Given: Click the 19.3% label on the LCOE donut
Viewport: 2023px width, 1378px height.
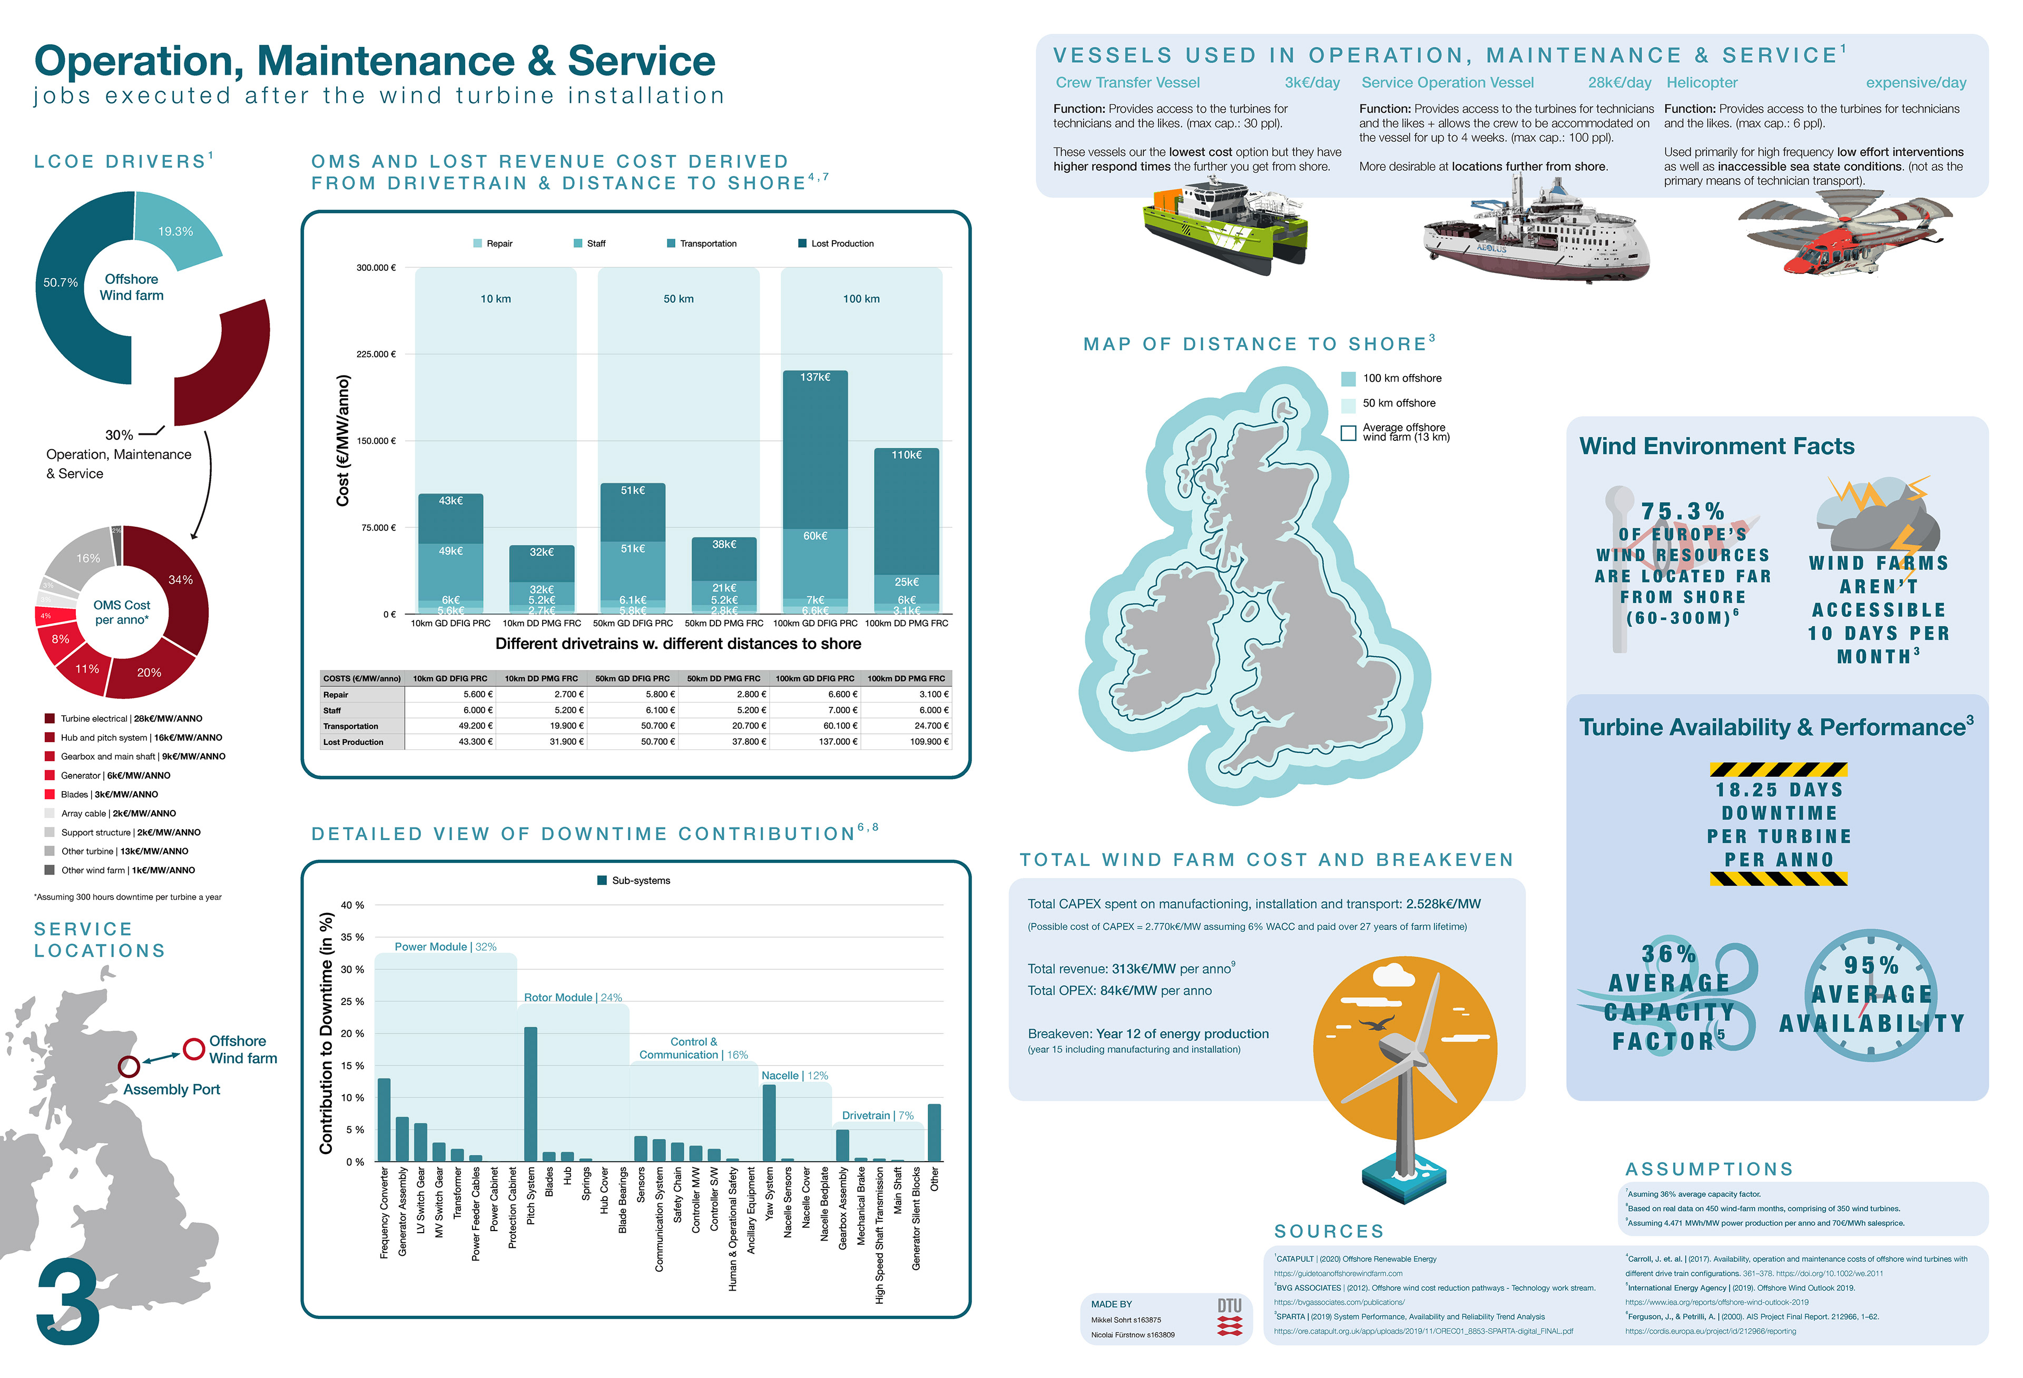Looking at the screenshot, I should tap(175, 232).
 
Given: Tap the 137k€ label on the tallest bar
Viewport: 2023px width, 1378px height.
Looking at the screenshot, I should tap(815, 377).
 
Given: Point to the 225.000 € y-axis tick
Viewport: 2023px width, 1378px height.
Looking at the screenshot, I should tap(376, 355).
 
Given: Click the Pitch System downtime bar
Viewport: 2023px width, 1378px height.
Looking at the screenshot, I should tap(530, 1094).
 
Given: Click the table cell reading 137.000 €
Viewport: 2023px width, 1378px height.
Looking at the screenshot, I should tap(838, 742).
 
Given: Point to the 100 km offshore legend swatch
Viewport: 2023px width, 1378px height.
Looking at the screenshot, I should tap(1348, 379).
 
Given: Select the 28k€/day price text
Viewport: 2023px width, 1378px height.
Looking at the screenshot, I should tap(1619, 83).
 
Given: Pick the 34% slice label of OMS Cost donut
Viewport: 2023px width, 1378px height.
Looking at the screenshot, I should tap(180, 580).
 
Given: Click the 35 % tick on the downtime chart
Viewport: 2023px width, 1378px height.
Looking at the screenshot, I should tap(352, 938).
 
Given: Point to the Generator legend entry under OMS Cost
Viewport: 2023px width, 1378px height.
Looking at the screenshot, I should tap(115, 775).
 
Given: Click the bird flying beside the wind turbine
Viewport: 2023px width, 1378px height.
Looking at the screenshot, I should tap(1380, 1023).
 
